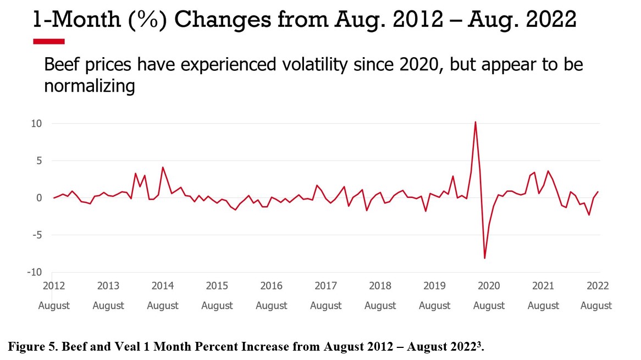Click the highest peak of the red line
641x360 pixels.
[x=475, y=122]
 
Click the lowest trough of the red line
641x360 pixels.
[x=484, y=258]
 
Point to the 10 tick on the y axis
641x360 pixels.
[x=36, y=124]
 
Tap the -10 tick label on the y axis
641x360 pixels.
[x=34, y=272]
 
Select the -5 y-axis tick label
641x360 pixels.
[x=36, y=235]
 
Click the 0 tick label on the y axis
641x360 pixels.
[x=39, y=198]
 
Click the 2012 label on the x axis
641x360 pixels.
[x=54, y=286]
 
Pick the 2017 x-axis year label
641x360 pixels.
[x=325, y=286]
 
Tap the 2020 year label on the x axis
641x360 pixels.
[x=489, y=286]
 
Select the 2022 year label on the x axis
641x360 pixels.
[x=598, y=286]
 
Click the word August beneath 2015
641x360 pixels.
[x=217, y=306]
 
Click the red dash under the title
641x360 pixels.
[x=49, y=41]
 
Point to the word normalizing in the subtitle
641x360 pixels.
[x=89, y=86]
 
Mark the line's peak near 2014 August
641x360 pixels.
[x=163, y=167]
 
